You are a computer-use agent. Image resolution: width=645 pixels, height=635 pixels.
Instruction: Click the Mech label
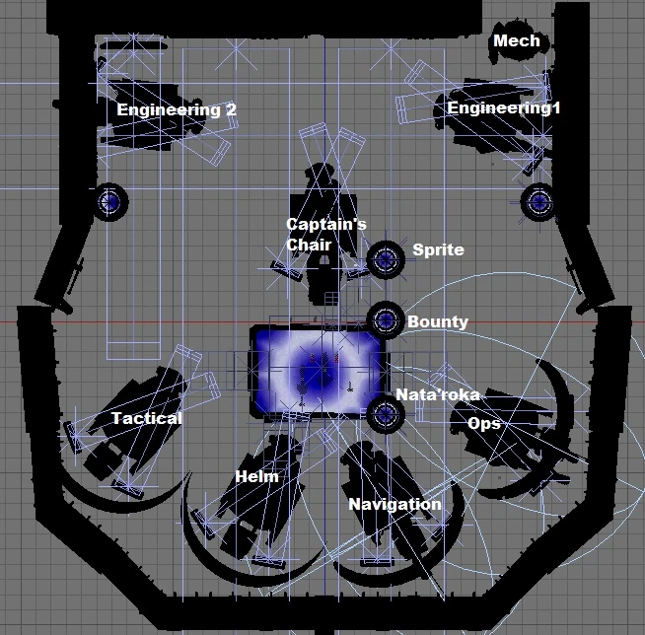[516, 41]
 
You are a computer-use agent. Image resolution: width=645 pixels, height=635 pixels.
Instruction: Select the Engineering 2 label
[177, 109]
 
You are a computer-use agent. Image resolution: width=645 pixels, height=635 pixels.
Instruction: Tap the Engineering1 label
[504, 108]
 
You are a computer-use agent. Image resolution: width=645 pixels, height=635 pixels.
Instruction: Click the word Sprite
[438, 249]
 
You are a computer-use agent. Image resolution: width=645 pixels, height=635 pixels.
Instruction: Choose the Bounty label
[437, 321]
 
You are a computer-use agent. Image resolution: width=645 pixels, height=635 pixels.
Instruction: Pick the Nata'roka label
[438, 394]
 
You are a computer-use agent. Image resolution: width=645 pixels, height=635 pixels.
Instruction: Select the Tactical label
[146, 418]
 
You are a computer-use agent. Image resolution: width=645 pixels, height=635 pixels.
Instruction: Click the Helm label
[256, 477]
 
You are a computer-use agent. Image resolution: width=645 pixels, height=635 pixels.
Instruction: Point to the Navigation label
[394, 504]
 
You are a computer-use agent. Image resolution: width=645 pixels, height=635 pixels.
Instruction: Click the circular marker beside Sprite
[385, 260]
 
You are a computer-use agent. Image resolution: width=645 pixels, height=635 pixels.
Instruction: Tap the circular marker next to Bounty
[385, 318]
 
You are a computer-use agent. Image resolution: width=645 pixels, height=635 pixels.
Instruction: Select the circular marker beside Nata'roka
[384, 414]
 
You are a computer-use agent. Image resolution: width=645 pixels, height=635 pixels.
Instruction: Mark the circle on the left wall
[109, 201]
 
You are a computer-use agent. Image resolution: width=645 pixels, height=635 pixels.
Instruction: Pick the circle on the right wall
[538, 201]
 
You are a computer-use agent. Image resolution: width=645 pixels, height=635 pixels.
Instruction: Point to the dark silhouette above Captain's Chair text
[321, 187]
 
